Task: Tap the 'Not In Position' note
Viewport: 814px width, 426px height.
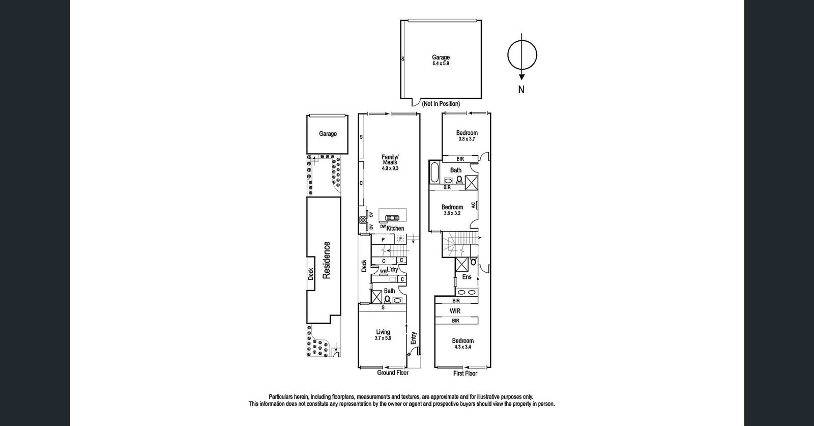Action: point(441,104)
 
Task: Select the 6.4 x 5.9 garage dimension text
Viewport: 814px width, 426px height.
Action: point(441,64)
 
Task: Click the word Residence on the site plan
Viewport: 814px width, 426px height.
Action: point(327,260)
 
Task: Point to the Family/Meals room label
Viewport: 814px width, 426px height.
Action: point(390,159)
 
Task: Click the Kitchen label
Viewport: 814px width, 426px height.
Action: point(395,229)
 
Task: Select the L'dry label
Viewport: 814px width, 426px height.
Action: point(392,269)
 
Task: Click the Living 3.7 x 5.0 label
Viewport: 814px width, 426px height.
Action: point(383,335)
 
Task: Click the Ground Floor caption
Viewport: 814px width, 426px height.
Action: point(393,373)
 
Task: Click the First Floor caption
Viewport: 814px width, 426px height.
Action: point(465,374)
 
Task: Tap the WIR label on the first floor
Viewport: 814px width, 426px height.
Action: point(455,311)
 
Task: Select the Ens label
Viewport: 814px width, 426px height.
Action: point(467,277)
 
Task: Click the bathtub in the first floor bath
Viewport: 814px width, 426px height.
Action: point(435,173)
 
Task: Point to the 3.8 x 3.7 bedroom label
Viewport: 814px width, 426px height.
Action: point(467,138)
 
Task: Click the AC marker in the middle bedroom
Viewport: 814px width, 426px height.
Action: point(473,205)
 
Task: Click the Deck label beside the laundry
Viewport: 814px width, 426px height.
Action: point(364,266)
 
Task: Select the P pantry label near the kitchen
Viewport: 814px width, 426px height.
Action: point(383,239)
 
